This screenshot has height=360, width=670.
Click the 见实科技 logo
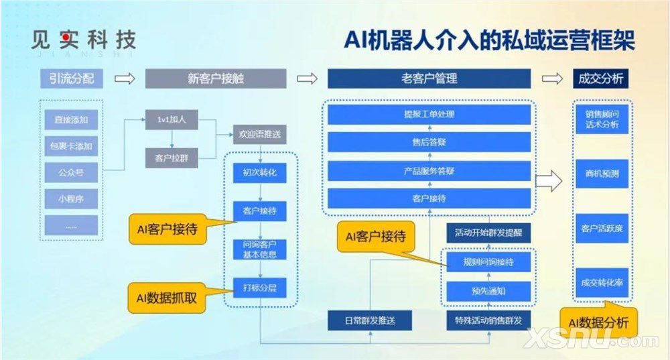tap(83, 41)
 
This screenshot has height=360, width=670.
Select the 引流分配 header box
tap(72, 79)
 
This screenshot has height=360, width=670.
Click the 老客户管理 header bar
tap(429, 79)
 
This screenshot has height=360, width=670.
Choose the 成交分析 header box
tap(600, 79)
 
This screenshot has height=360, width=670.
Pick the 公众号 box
tap(71, 172)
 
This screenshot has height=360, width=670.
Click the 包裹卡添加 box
tap(71, 146)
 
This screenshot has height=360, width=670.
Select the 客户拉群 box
tap(172, 158)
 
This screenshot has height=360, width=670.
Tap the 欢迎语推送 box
tap(259, 134)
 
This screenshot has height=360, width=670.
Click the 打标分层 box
tap(259, 288)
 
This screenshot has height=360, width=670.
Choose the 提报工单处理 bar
tap(429, 115)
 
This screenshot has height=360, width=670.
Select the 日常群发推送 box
tap(370, 320)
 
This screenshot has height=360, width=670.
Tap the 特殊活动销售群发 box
tap(488, 320)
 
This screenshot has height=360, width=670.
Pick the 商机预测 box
tap(602, 174)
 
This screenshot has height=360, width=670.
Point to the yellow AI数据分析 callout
tap(598, 322)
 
